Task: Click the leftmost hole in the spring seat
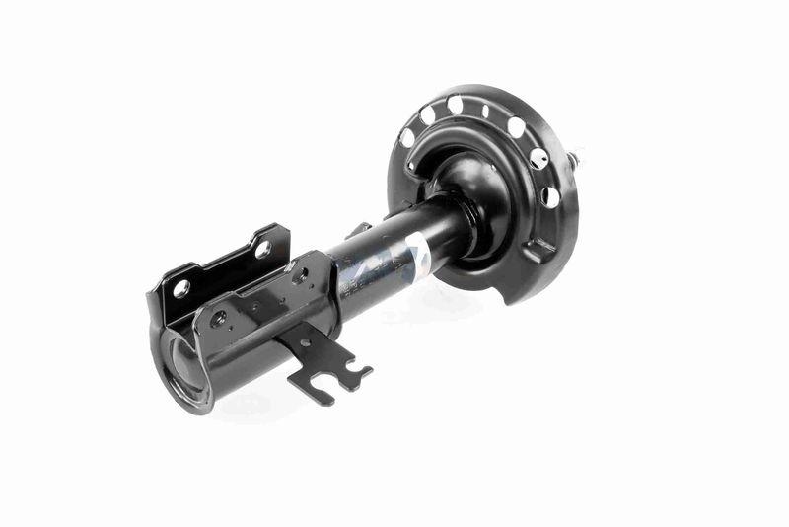(x=407, y=138)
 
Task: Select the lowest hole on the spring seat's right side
(x=550, y=196)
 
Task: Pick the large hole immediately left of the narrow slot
(x=455, y=104)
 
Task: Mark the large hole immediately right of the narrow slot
(x=515, y=126)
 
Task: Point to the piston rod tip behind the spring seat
(x=575, y=158)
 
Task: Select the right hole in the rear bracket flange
(x=263, y=250)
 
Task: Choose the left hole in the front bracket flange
(x=218, y=318)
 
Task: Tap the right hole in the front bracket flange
(x=297, y=277)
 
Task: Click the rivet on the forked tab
(x=305, y=342)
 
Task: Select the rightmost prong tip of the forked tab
(x=367, y=373)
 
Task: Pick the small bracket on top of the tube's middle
(x=358, y=230)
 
